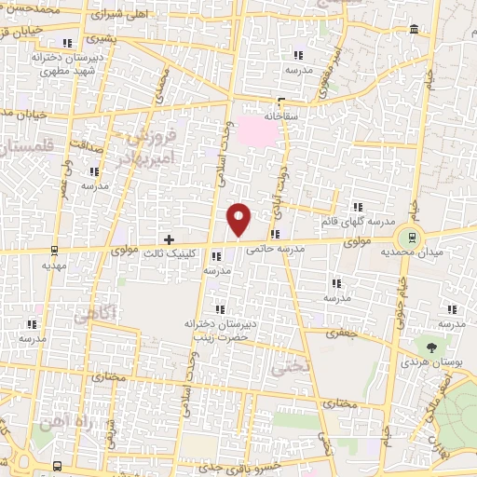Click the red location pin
tap(239, 218)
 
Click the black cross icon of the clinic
tap(168, 239)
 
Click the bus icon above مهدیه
tap(53, 249)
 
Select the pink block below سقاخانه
tap(260, 132)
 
